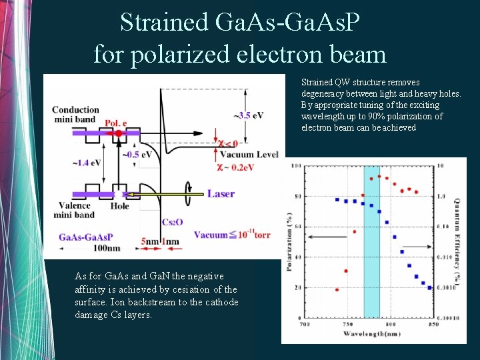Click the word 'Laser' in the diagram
[221, 194]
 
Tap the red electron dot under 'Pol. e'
[119, 133]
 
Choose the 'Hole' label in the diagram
[120, 207]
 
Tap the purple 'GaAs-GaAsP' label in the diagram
[85, 237]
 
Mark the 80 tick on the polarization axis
[297, 197]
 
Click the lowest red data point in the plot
[337, 290]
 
